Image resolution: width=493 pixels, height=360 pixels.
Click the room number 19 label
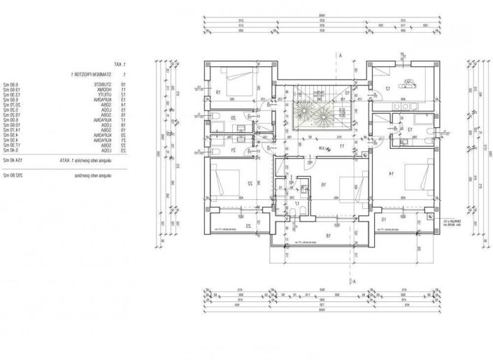click(217, 92)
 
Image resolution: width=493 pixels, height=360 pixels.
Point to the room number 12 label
click(387, 89)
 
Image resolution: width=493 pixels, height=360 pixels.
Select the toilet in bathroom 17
click(298, 210)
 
